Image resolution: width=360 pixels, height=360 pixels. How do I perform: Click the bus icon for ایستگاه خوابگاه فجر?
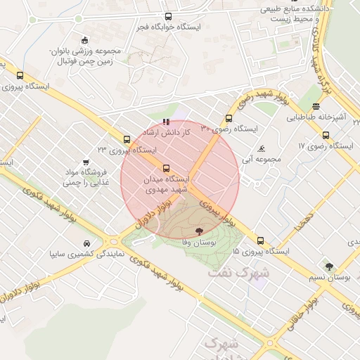[x=167, y=16]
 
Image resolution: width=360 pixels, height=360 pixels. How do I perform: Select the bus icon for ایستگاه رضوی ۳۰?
[x=228, y=118]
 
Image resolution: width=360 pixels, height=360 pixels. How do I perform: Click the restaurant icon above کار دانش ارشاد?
[x=166, y=122]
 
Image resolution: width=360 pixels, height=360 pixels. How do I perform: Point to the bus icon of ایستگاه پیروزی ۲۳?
[x=127, y=139]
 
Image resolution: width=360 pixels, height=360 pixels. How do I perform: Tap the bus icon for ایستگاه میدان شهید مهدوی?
[x=166, y=168]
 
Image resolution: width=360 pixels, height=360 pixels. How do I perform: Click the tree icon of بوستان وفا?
[x=199, y=231]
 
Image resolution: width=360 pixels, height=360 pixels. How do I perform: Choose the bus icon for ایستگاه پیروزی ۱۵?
[x=261, y=240]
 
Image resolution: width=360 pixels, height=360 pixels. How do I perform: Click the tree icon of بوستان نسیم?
[x=329, y=266]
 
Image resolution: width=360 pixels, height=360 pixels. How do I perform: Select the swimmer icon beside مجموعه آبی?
[x=262, y=148]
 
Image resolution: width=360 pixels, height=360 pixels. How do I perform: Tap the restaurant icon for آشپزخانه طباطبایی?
[x=316, y=107]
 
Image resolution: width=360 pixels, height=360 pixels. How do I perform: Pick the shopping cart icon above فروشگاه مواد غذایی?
[x=86, y=162]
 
